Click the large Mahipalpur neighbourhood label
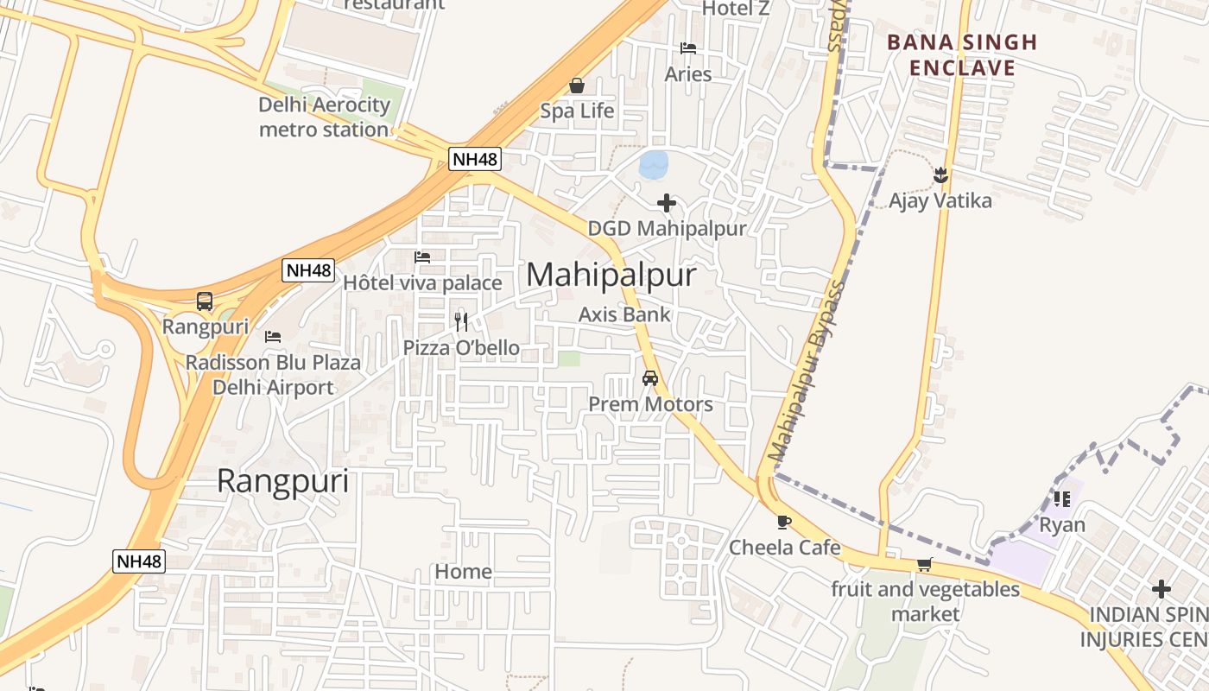click(611, 275)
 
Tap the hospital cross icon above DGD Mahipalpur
click(667, 203)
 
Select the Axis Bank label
click(623, 314)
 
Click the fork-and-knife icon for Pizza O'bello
click(461, 322)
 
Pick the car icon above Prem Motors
click(650, 378)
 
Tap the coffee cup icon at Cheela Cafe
click(783, 522)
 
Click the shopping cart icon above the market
click(924, 565)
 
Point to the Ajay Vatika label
click(940, 201)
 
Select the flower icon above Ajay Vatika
click(940, 176)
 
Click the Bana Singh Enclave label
click(962, 54)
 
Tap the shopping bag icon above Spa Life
click(577, 86)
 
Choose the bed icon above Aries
click(688, 48)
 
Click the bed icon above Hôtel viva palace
click(422, 257)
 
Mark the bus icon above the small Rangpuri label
click(205, 301)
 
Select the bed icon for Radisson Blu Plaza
click(273, 336)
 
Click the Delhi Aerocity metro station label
click(325, 117)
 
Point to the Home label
click(464, 572)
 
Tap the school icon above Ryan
click(1062, 499)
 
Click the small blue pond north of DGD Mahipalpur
click(654, 164)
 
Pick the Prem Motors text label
click(650, 404)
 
